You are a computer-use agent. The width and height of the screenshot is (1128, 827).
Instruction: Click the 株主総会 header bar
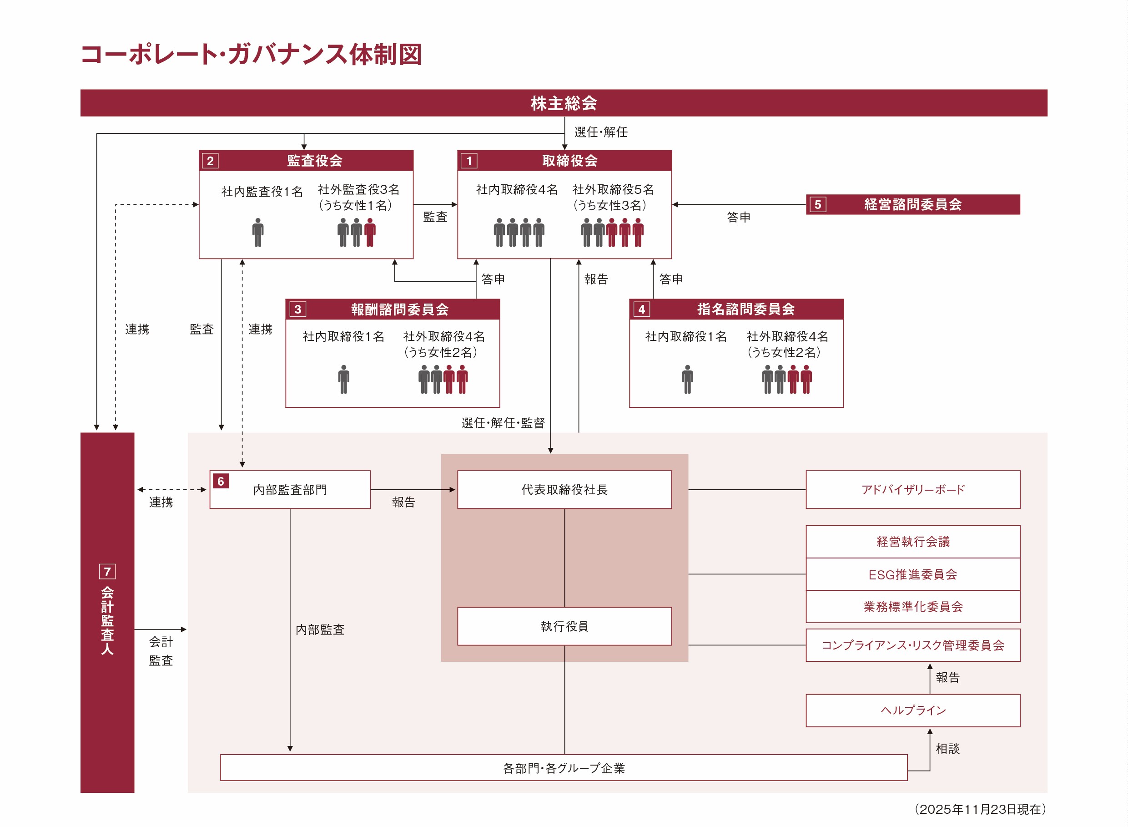(x=563, y=103)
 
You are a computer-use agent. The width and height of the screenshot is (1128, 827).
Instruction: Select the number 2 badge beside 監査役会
(x=210, y=161)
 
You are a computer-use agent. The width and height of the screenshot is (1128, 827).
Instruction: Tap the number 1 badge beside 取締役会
(x=468, y=161)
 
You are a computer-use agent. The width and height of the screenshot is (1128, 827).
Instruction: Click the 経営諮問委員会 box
(x=912, y=204)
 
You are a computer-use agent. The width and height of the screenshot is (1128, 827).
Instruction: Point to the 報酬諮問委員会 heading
(x=399, y=309)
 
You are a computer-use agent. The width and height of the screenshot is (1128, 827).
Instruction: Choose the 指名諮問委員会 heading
(x=745, y=309)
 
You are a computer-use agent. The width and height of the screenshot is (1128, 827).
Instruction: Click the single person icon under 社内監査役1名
(x=257, y=232)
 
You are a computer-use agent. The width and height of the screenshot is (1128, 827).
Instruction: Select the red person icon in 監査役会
(x=370, y=232)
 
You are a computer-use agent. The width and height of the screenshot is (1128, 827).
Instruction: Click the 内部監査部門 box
(x=290, y=490)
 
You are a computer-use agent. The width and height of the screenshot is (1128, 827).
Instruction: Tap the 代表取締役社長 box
(x=564, y=490)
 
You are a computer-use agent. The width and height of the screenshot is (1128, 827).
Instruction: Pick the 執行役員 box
(x=564, y=626)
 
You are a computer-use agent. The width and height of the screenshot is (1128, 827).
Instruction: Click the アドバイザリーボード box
(x=912, y=490)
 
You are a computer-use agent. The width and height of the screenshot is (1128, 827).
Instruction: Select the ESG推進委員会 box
(x=912, y=574)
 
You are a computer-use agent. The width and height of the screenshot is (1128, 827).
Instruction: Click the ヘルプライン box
(x=912, y=710)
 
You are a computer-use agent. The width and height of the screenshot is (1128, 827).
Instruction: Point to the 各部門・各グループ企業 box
(x=563, y=768)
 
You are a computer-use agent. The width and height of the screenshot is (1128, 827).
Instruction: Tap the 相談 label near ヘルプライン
(x=947, y=748)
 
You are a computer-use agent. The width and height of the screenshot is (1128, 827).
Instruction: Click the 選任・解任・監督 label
(x=503, y=423)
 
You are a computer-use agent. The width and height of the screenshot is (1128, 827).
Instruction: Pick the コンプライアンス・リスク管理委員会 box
(x=912, y=645)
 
